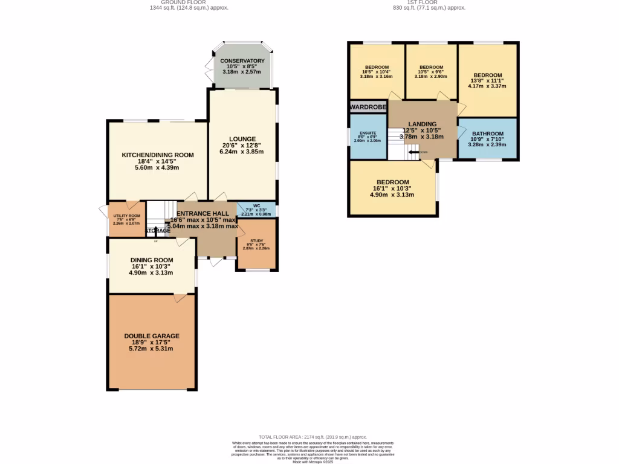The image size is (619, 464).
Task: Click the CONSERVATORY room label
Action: coord(242,61)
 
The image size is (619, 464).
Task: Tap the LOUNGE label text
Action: coord(242,139)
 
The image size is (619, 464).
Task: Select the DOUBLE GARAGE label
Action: coord(152,336)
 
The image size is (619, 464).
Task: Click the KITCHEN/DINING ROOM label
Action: coord(158,155)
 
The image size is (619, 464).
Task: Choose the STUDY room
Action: coord(257,244)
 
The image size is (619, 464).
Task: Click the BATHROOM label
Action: coord(487,134)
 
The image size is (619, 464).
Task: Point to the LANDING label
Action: coord(422,124)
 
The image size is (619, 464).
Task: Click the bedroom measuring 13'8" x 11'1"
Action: coord(487,76)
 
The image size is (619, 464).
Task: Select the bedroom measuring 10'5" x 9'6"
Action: coord(431,68)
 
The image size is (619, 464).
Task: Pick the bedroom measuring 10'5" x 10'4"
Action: coord(376,68)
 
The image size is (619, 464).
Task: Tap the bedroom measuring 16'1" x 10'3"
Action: coord(393,182)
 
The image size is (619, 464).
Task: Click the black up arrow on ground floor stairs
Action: coord(155,231)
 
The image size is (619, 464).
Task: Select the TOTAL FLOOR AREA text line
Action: coord(313,437)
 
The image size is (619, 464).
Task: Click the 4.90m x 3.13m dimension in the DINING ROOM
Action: coord(151,272)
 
